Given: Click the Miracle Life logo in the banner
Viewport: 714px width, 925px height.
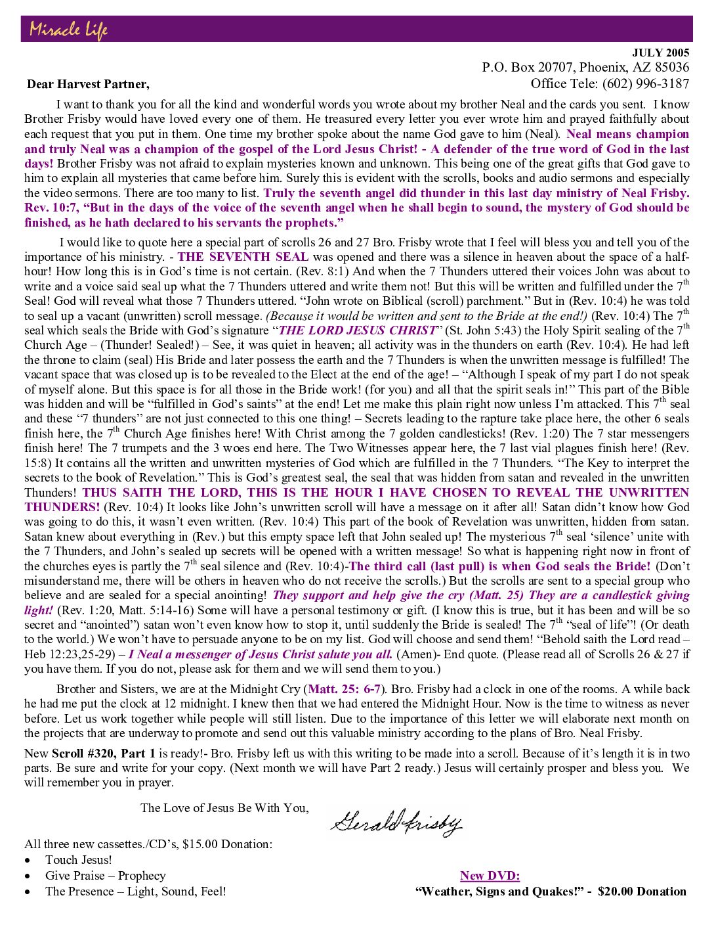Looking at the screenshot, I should point(68,30).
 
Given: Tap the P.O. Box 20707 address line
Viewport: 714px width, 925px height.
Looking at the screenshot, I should point(585,67).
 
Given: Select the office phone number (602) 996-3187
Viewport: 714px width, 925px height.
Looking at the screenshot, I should point(647,83).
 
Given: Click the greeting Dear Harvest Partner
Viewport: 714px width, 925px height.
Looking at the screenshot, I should point(88,84).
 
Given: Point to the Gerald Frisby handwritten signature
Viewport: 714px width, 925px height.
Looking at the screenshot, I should point(396,822).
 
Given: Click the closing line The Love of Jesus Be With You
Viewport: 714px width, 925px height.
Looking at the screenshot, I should point(224,808).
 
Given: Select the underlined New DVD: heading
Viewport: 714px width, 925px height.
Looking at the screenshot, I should point(490,875).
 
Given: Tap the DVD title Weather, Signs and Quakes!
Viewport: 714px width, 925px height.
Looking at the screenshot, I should point(499,891).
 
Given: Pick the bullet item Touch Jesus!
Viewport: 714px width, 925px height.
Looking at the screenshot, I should point(79,860).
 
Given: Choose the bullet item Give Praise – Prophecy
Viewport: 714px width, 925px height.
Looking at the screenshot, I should point(105,876).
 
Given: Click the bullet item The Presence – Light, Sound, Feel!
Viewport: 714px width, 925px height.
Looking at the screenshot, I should point(135,891).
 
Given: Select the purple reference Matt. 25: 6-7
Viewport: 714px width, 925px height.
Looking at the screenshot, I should point(345,689).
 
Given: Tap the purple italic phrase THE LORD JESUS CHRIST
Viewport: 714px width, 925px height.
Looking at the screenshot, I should point(358,330).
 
